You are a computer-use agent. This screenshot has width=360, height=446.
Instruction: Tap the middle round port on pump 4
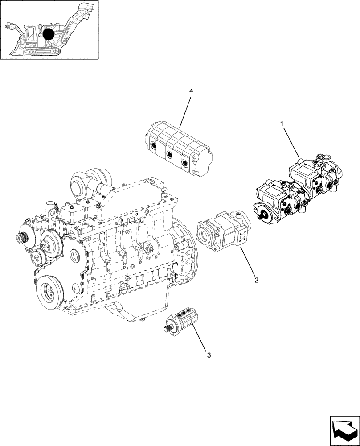tap(169, 154)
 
